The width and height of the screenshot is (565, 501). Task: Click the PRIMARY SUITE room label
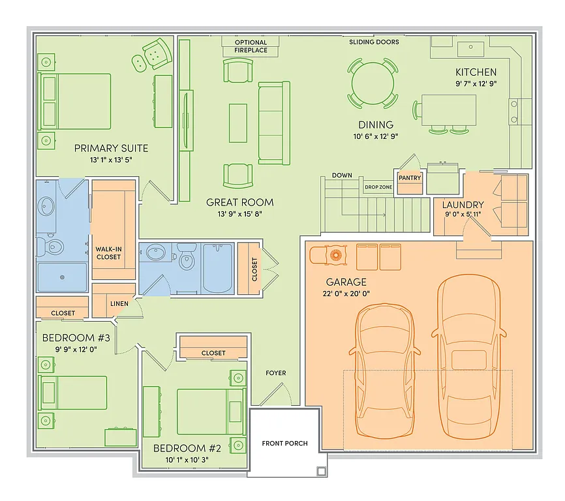[x=111, y=148]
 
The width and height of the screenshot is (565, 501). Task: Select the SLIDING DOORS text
[x=374, y=42]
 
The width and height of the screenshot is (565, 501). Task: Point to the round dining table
[x=373, y=83]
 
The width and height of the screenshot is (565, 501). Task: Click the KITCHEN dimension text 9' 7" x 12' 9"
[x=476, y=83]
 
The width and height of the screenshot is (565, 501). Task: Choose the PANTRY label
[x=410, y=178]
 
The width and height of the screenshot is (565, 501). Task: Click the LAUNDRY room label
[x=463, y=205]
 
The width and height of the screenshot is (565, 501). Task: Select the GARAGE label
[x=346, y=282]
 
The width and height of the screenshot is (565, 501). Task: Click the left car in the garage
[x=385, y=369]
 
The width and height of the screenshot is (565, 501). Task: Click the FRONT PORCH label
[x=284, y=444]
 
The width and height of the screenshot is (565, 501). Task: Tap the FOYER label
[x=275, y=373]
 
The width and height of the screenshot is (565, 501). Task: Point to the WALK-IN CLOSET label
[x=108, y=252]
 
